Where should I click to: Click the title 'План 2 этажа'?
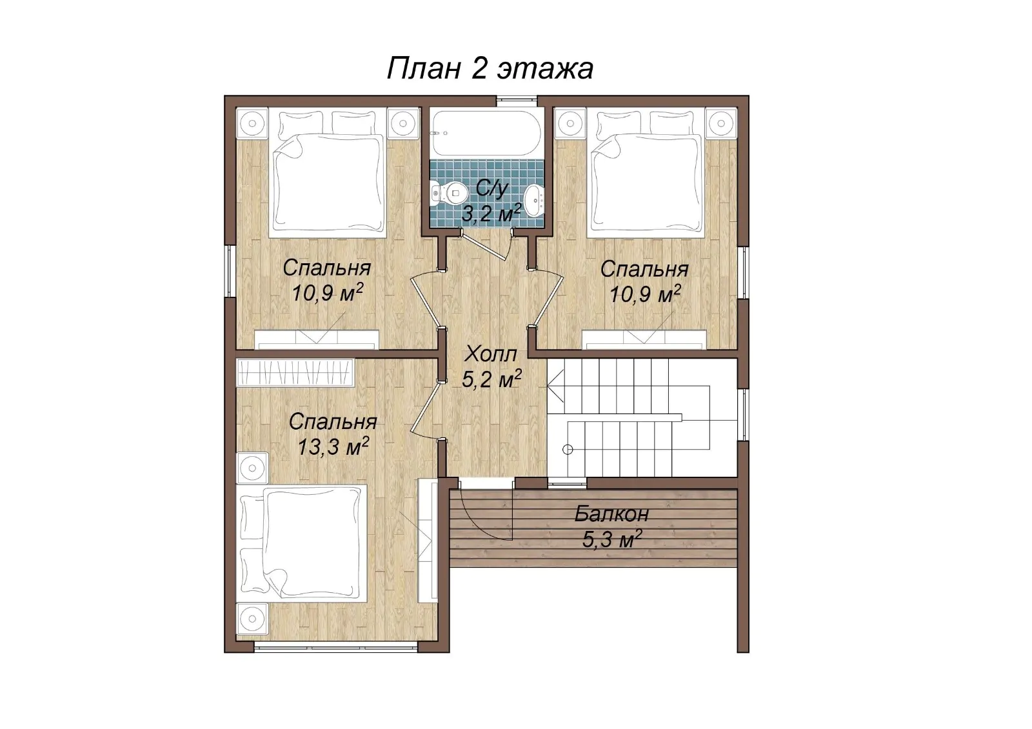(490, 69)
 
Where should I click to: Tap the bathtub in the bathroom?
(487, 133)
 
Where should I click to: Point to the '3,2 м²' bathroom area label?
(491, 214)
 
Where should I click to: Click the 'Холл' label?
(491, 355)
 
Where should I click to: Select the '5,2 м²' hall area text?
(491, 380)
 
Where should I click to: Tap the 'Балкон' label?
(611, 514)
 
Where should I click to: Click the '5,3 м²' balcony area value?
(612, 539)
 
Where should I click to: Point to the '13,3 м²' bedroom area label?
(333, 446)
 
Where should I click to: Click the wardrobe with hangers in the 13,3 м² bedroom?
(296, 372)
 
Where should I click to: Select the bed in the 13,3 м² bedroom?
(302, 544)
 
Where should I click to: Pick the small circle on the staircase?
(568, 450)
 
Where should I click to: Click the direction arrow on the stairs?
(555, 386)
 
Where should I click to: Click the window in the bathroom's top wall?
(517, 97)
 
